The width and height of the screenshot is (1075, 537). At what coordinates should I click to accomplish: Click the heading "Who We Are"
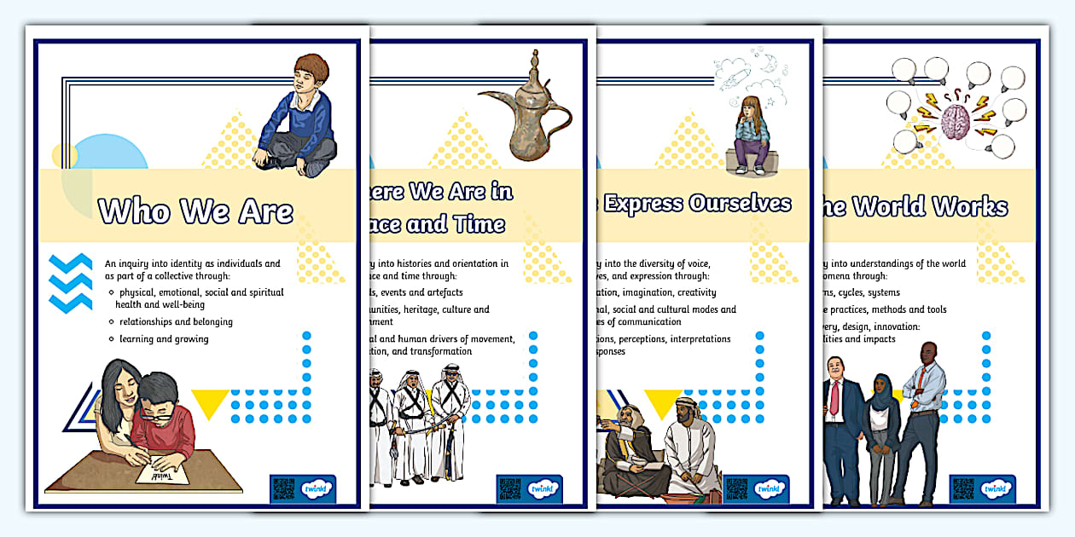(195, 211)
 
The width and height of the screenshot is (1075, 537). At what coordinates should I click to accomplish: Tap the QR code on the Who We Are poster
(283, 488)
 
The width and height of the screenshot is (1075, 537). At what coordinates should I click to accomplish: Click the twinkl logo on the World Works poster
(997, 488)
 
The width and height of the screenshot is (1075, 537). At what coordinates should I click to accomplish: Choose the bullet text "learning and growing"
(164, 339)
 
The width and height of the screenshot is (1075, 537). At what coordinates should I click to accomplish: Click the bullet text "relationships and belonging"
(176, 321)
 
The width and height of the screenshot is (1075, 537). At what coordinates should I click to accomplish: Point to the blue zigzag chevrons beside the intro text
(71, 282)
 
